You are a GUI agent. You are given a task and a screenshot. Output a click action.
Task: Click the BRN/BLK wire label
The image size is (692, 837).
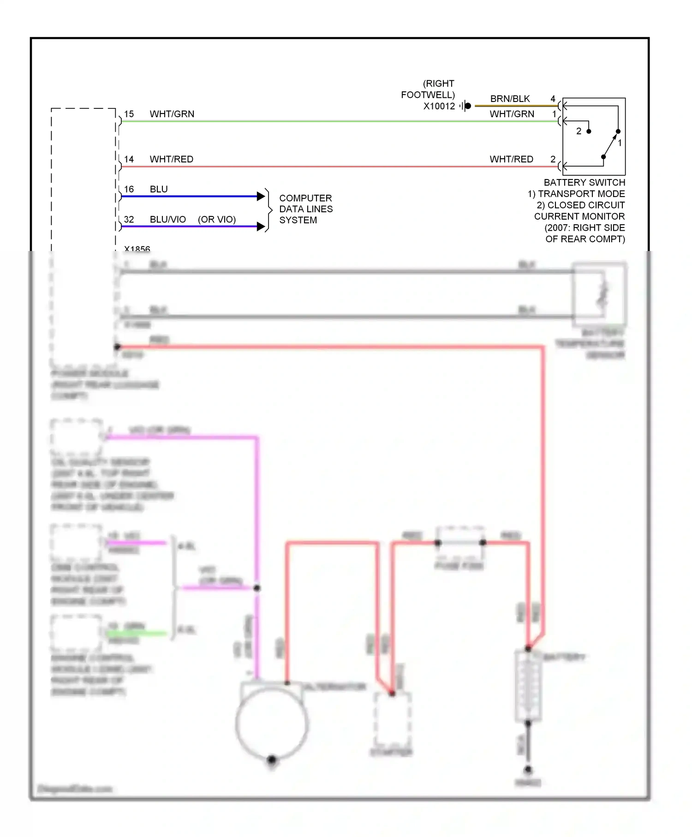510,99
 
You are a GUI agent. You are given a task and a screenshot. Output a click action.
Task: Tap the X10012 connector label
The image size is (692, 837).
439,106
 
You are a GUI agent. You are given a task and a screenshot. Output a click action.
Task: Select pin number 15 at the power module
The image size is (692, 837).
129,114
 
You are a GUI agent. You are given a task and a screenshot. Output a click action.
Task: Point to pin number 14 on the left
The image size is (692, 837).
129,159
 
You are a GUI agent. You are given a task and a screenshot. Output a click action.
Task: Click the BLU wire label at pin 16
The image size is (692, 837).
159,189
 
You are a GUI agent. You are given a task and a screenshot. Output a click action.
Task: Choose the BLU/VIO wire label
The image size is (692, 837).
168,220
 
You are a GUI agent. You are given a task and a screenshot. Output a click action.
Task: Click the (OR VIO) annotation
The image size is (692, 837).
217,220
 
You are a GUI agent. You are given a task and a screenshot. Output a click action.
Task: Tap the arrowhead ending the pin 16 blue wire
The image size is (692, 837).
261,197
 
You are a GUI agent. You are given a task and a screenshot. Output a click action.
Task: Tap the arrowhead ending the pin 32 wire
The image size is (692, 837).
261,227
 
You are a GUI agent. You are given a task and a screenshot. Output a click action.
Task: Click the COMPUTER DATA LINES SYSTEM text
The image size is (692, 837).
306,209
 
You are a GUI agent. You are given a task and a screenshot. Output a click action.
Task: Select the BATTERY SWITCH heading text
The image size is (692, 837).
585,183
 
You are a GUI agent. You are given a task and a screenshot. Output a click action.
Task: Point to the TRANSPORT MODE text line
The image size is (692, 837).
576,194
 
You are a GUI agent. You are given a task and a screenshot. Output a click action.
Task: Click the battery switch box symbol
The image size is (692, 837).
594,136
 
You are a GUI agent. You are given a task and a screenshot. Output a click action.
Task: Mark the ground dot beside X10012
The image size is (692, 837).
468,106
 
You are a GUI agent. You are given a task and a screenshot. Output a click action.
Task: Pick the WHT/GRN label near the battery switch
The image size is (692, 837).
512,114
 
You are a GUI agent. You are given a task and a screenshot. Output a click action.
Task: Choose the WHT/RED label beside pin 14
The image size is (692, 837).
172,159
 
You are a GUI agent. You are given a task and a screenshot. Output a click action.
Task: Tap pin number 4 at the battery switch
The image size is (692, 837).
553,99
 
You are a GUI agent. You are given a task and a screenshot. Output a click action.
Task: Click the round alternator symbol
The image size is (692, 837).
271,724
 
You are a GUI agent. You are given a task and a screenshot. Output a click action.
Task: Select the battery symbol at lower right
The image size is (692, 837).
528,685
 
